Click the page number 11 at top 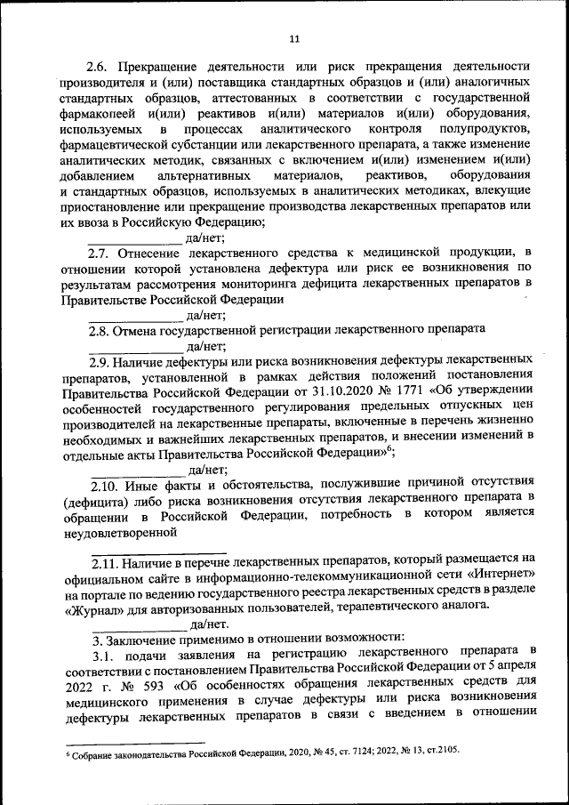[295, 38]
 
